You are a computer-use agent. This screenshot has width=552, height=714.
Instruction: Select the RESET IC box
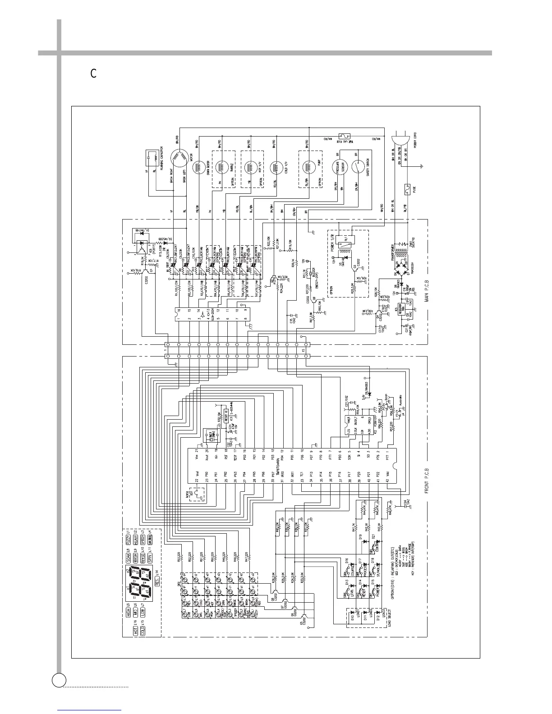tap(227, 415)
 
